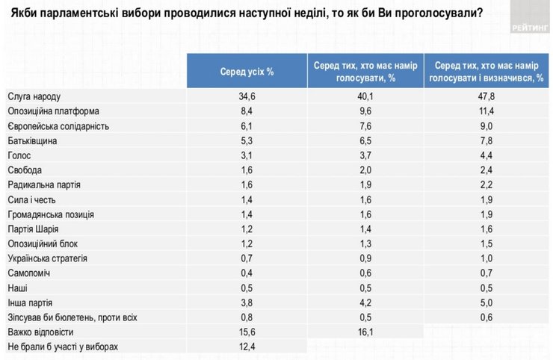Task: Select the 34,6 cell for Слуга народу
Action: (246, 97)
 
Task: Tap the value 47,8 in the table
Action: (487, 97)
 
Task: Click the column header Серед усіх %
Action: (246, 72)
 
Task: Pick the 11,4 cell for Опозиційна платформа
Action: (487, 111)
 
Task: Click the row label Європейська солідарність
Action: (58, 126)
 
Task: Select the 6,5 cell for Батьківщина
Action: (365, 140)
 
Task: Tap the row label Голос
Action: (20, 155)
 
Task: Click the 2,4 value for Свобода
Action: (487, 170)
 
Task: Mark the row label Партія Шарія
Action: (33, 229)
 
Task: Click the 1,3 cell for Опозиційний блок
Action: (365, 243)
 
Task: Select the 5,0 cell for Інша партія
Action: (487, 302)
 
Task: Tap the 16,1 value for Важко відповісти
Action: (365, 332)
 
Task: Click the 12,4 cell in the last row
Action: (246, 347)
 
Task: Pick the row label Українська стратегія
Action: (48, 258)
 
